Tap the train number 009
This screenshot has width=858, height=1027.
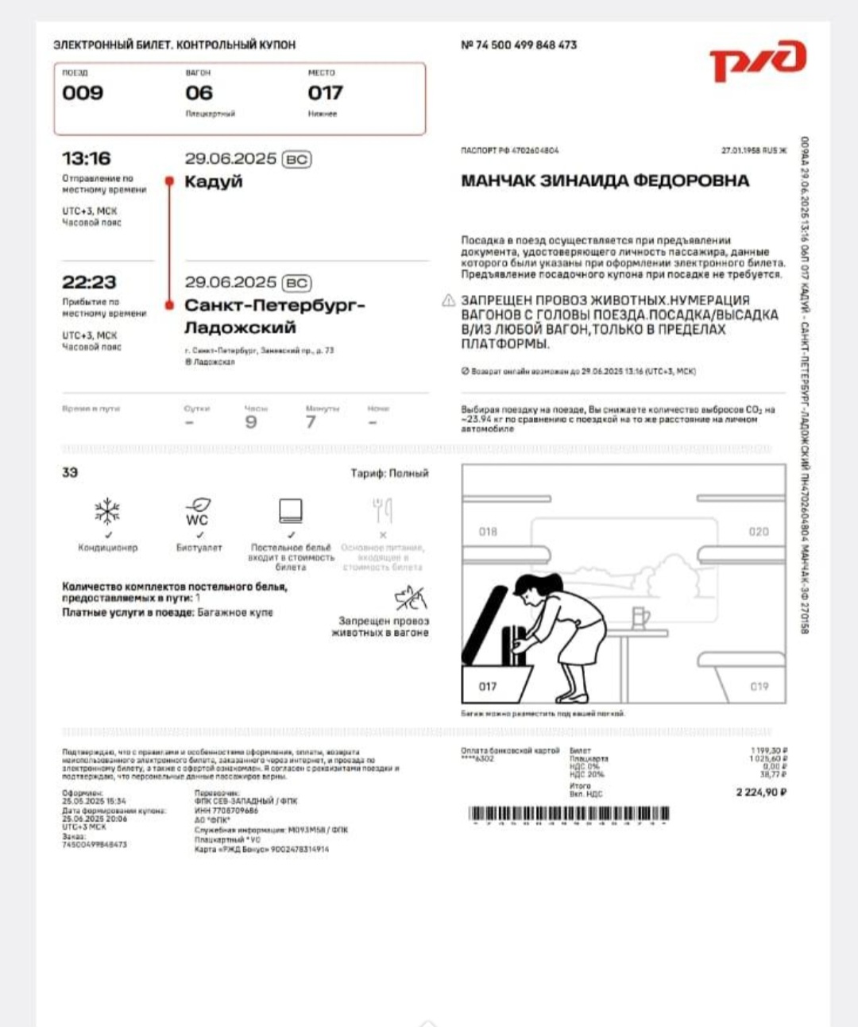coord(83,93)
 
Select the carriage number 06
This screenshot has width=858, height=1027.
coord(199,93)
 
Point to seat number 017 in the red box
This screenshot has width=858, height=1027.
coord(325,93)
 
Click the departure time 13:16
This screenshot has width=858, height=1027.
coord(87,158)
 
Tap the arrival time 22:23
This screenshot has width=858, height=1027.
coord(89,282)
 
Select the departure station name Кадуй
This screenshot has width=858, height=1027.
coord(213,181)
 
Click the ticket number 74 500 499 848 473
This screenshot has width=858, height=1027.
coord(525,45)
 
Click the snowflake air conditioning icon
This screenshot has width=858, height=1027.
coord(107,511)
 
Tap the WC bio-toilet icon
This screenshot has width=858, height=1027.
coord(198,511)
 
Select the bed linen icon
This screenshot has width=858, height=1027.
coord(291,510)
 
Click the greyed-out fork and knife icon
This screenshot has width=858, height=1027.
coord(382,510)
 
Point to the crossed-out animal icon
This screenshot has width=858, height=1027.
coord(410,598)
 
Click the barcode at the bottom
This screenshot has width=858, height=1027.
coord(569,814)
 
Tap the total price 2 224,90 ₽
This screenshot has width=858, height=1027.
coord(761,792)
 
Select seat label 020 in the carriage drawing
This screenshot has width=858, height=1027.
coord(759,532)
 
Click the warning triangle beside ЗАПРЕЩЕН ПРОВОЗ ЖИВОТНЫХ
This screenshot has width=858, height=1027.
coord(449,300)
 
